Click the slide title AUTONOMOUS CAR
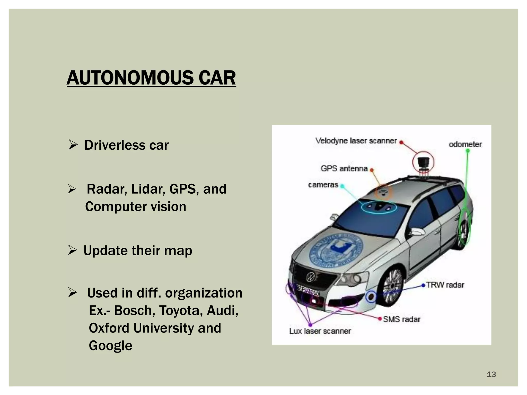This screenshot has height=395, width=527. [x=151, y=78]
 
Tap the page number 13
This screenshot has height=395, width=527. [x=491, y=374]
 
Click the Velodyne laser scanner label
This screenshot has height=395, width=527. [x=356, y=141]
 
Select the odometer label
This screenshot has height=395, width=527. [x=465, y=144]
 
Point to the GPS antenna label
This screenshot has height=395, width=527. [x=344, y=168]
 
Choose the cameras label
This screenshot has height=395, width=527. [x=323, y=185]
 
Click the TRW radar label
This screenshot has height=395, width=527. [x=445, y=285]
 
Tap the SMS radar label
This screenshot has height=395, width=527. [x=401, y=319]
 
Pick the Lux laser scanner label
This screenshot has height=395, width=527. [x=320, y=331]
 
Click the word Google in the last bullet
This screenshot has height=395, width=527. [x=110, y=345]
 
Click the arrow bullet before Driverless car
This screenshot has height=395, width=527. [x=73, y=145]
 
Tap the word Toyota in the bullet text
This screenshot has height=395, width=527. [x=179, y=310]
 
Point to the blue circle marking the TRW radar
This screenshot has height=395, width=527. [x=371, y=297]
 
